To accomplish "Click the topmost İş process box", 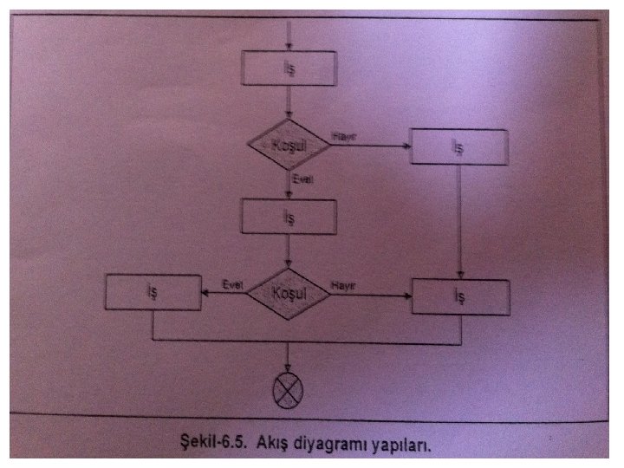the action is pos(289,70).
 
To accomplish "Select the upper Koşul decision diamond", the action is pos(289,145).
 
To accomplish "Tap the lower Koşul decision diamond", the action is pos(289,294).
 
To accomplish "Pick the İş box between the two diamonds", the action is pos(289,217).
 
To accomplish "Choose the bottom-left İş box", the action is pos(153,294).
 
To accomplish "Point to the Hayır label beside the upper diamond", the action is pos(343,135).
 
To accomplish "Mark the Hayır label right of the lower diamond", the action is pos(344,285).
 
